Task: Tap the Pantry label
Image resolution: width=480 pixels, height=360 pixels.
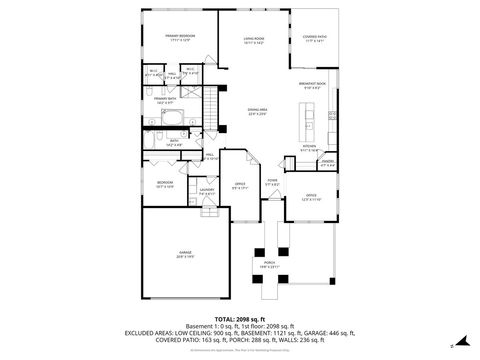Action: pyautogui.click(x=327, y=163)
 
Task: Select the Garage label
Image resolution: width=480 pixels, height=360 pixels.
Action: pyautogui.click(x=185, y=254)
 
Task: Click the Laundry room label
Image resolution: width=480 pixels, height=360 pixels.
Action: pyautogui.click(x=207, y=191)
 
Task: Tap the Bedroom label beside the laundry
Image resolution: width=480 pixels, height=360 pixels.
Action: pyautogui.click(x=165, y=183)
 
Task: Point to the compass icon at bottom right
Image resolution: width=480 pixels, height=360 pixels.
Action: pyautogui.click(x=451, y=346)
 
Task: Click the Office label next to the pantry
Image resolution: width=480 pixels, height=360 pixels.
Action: pyautogui.click(x=311, y=195)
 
